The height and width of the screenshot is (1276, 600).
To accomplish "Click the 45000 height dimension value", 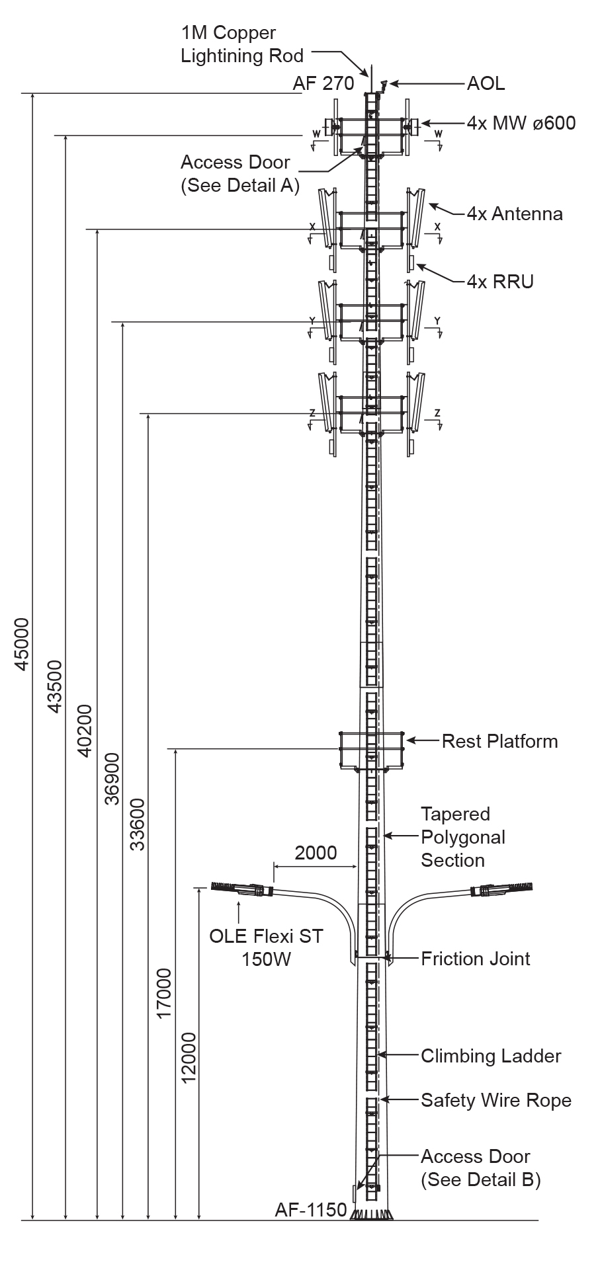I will [x=22, y=644].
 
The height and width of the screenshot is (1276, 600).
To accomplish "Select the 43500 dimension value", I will [x=55, y=686].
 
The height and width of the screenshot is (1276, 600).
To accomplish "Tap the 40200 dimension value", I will [x=85, y=731].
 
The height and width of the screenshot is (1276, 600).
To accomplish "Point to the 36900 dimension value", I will [x=112, y=778].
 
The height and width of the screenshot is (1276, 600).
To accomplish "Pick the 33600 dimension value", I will [x=137, y=824].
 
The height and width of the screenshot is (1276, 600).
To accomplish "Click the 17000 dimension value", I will [x=164, y=994].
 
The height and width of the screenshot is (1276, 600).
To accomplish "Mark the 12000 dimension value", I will [x=189, y=1058].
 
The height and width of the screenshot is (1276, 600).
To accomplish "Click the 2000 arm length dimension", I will [x=316, y=852].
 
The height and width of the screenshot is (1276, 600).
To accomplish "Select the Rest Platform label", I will [x=499, y=741].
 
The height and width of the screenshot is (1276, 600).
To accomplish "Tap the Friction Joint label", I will [x=476, y=959].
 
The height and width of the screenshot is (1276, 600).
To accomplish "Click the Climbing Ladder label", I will [x=491, y=1056].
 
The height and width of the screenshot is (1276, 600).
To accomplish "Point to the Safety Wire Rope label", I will [x=496, y=1100].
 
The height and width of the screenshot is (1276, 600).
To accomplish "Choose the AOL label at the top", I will [x=486, y=83].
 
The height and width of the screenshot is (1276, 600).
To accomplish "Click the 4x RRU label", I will [x=500, y=282].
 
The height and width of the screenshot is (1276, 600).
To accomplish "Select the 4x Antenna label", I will [x=515, y=214].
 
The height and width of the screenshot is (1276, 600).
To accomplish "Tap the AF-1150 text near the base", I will [x=311, y=1209].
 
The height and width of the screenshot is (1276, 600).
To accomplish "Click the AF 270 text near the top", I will [x=323, y=83].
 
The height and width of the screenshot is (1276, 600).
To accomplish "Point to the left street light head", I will [x=241, y=889].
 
